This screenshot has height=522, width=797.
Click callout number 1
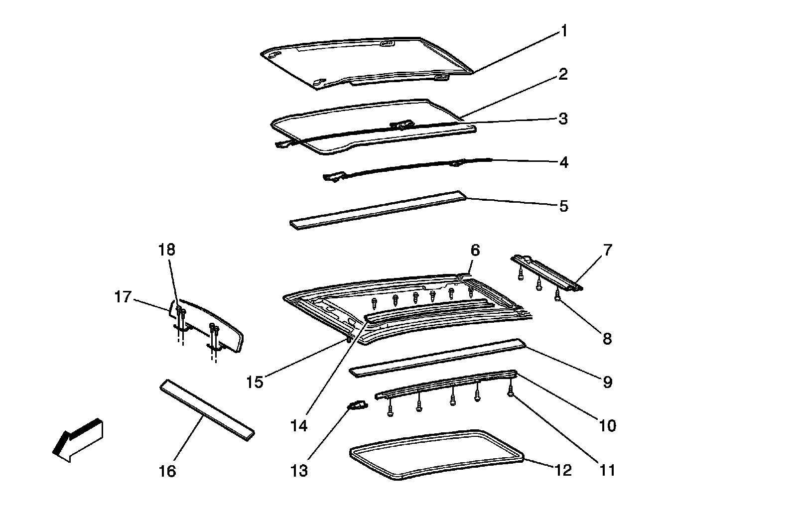click(564, 32)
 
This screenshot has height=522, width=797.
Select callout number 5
click(563, 206)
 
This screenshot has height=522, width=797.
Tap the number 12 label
click(563, 470)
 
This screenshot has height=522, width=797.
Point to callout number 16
click(168, 471)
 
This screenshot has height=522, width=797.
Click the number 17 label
click(123, 297)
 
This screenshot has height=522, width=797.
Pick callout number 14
click(300, 426)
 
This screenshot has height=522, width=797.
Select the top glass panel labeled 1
click(364, 62)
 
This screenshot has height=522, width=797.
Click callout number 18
click(167, 250)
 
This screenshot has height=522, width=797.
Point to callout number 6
click(475, 250)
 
